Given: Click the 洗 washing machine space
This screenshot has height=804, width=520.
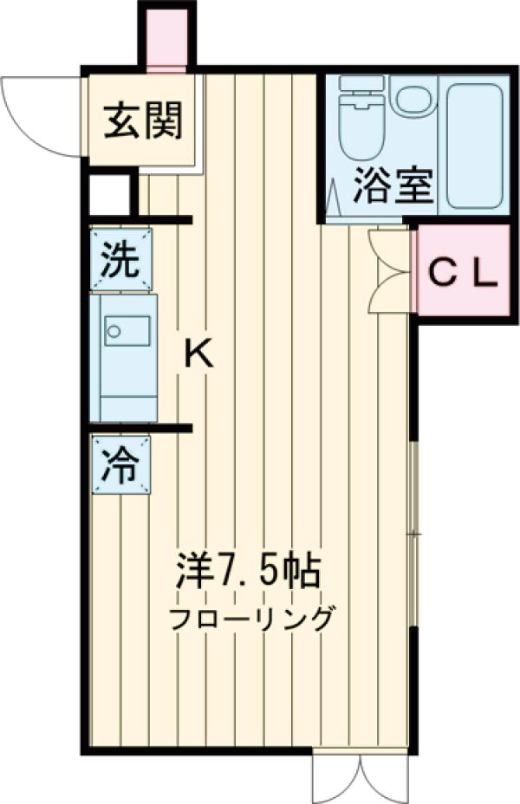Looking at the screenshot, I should click(120, 259).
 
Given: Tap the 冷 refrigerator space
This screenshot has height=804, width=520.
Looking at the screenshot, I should click(120, 466).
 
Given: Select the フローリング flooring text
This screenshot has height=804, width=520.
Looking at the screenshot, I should click(251, 619).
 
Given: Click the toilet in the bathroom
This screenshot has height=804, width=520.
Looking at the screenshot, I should click(360, 121).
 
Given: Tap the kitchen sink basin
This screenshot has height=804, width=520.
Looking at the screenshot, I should click(127, 330).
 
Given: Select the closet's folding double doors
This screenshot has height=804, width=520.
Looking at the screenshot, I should click(386, 271).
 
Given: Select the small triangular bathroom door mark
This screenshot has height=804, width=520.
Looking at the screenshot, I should click(333, 198).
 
